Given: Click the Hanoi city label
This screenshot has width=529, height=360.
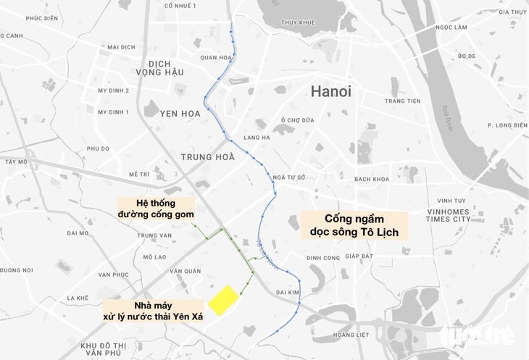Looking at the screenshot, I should tap(330, 92).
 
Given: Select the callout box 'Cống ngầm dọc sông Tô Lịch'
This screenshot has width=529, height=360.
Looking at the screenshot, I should tap(355, 225).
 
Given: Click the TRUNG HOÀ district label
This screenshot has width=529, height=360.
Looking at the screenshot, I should tap(208, 156).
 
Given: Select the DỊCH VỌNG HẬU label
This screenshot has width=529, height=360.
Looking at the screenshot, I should tap(160, 67).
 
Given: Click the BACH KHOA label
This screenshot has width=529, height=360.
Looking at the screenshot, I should tap(373, 179).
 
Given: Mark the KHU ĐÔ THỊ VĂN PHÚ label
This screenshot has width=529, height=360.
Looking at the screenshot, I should tap(102, 348).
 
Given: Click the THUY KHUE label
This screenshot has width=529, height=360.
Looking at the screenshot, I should tap(298, 22).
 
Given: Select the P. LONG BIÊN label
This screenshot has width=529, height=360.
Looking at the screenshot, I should tap(507, 125).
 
